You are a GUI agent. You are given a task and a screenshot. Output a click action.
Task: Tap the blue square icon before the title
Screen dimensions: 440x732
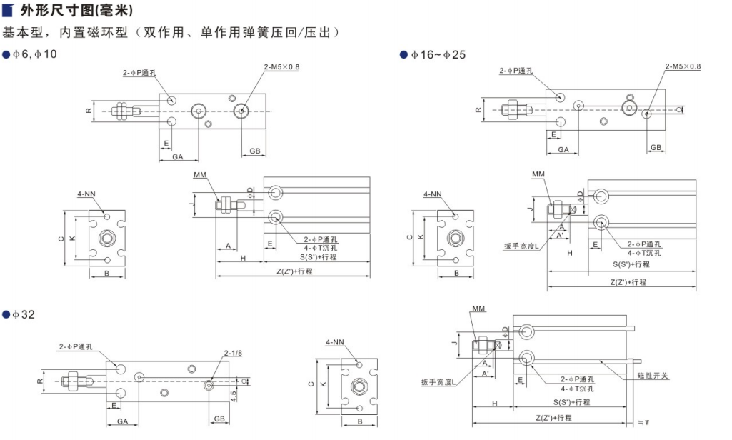(x=9, y=11)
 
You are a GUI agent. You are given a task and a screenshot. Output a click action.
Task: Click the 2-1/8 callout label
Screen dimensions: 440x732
(x=234, y=353)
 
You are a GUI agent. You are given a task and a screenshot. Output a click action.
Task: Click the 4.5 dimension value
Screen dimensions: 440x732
(x=234, y=395)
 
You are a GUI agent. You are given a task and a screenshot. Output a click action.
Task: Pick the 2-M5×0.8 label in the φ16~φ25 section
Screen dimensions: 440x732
(x=683, y=66)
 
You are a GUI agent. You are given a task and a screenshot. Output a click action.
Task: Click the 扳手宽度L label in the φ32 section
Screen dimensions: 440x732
(x=438, y=382)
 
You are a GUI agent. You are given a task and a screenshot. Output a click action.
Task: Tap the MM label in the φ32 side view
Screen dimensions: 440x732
(x=478, y=309)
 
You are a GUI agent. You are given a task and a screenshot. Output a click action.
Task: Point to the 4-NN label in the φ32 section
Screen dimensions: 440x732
(x=336, y=342)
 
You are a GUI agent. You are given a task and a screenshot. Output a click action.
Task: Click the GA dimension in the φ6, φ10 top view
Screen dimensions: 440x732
(x=177, y=156)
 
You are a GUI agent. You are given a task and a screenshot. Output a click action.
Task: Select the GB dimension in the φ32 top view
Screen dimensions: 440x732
(x=219, y=421)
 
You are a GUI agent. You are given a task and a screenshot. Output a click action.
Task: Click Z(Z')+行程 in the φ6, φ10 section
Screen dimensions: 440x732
(x=296, y=271)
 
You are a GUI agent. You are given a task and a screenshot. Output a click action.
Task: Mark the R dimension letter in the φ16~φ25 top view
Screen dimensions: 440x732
(x=478, y=110)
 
